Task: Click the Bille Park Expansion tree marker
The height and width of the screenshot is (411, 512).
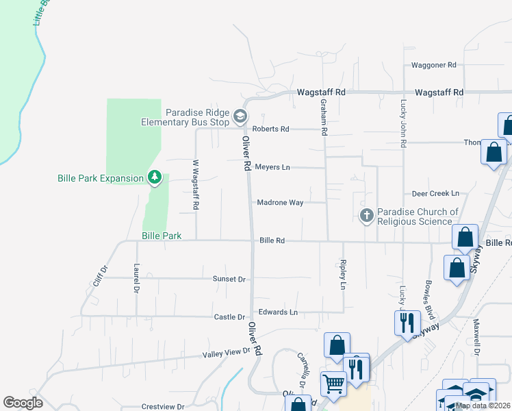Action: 155,178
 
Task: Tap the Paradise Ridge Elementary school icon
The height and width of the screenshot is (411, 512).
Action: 240,116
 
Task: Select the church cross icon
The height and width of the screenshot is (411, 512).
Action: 367,216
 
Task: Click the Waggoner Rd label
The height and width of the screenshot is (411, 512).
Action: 433,66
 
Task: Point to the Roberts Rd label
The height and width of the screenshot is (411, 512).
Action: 271,129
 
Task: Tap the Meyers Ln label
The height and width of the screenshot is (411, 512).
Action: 272,167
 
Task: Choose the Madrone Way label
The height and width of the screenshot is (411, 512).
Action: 279,203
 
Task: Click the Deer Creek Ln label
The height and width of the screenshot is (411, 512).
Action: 435,194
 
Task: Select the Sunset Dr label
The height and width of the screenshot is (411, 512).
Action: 229,279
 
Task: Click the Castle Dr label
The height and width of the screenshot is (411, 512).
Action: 229,317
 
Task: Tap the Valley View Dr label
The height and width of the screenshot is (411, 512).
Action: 227,353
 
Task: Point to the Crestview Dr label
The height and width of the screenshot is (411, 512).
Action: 163,406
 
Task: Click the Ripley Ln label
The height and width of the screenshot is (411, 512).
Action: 343,274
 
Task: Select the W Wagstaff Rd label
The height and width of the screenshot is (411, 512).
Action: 196,185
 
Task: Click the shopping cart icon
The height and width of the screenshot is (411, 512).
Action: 333,384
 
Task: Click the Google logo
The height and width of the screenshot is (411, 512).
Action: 23,403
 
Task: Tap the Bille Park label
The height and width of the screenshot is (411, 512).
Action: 162,236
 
